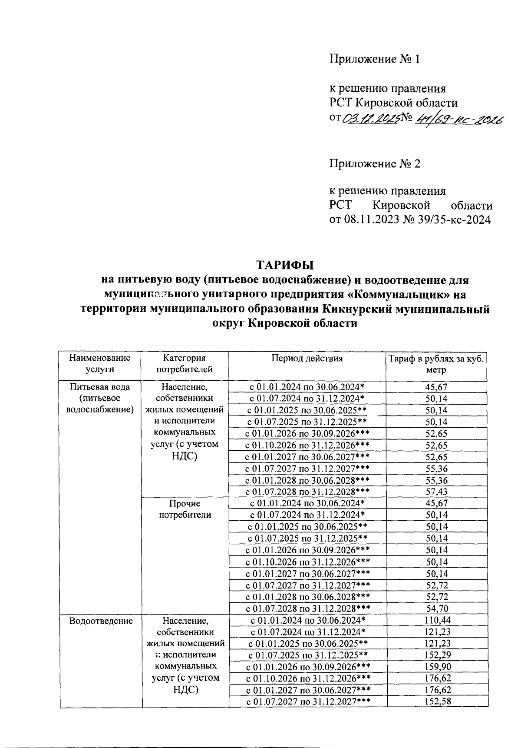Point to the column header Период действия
coord(307,359)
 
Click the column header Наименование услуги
coord(100,364)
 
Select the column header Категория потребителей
coord(185,364)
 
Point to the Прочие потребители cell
coord(185,509)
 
